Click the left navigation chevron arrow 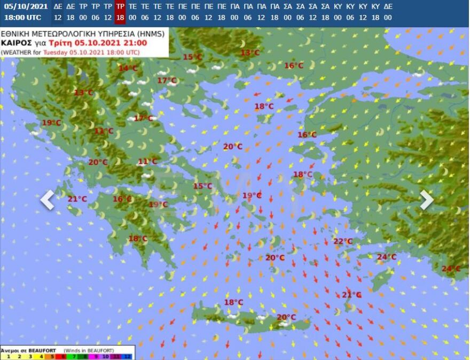coord(48,200)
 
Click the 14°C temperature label coord(128,68)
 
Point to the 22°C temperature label coord(343,241)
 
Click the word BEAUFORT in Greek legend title coord(42,350)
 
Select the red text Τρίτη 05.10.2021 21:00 coord(98,43)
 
